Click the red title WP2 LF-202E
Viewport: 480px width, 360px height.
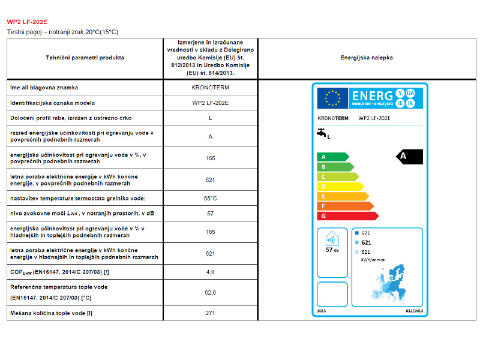(24, 22)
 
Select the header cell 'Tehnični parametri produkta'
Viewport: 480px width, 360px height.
(85, 58)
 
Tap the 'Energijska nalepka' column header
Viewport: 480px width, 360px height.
(367, 58)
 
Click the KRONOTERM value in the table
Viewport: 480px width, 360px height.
(210, 88)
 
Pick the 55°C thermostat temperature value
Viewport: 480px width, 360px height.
(210, 198)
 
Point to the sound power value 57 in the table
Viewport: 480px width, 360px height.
(210, 213)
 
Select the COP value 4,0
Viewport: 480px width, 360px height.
(210, 272)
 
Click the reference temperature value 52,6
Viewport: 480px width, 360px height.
(210, 292)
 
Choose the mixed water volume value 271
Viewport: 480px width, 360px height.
(210, 313)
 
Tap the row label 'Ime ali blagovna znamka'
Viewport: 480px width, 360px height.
(44, 88)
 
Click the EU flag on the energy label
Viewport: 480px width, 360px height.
(332, 96)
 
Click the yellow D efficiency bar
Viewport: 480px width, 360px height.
(339, 187)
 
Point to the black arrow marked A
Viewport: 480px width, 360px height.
(410, 157)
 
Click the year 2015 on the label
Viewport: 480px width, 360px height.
(320, 311)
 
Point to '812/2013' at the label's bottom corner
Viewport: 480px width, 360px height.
(415, 311)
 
